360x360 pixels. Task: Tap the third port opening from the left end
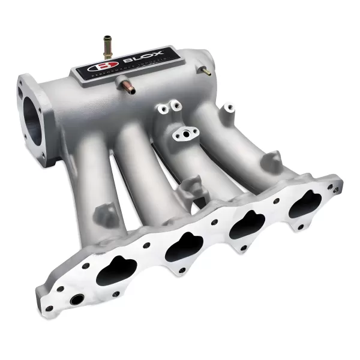point(247,225)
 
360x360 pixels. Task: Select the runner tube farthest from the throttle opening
point(240,138)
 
